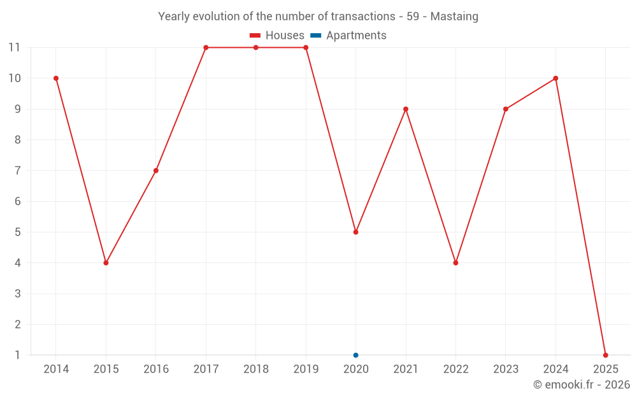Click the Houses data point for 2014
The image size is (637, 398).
tap(56, 78)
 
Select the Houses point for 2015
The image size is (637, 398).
tap(106, 263)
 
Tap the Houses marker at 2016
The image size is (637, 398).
tap(156, 171)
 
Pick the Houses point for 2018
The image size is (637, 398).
tap(256, 48)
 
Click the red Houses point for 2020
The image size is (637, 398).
tap(355, 232)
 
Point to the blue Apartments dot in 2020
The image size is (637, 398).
tap(355, 355)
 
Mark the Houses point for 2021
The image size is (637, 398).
tap(406, 109)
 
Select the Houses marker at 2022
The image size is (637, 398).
tap(455, 263)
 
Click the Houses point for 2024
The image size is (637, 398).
tap(555, 78)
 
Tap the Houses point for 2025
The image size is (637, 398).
tap(605, 355)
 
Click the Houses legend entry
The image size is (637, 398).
tap(277, 36)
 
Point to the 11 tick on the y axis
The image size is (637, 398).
tap(15, 48)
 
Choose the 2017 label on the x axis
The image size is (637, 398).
tap(206, 369)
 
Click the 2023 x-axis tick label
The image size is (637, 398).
tap(506, 369)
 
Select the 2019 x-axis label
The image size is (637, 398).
tap(306, 369)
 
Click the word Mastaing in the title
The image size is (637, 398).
tap(454, 17)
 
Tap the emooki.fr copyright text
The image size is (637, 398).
tap(582, 385)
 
